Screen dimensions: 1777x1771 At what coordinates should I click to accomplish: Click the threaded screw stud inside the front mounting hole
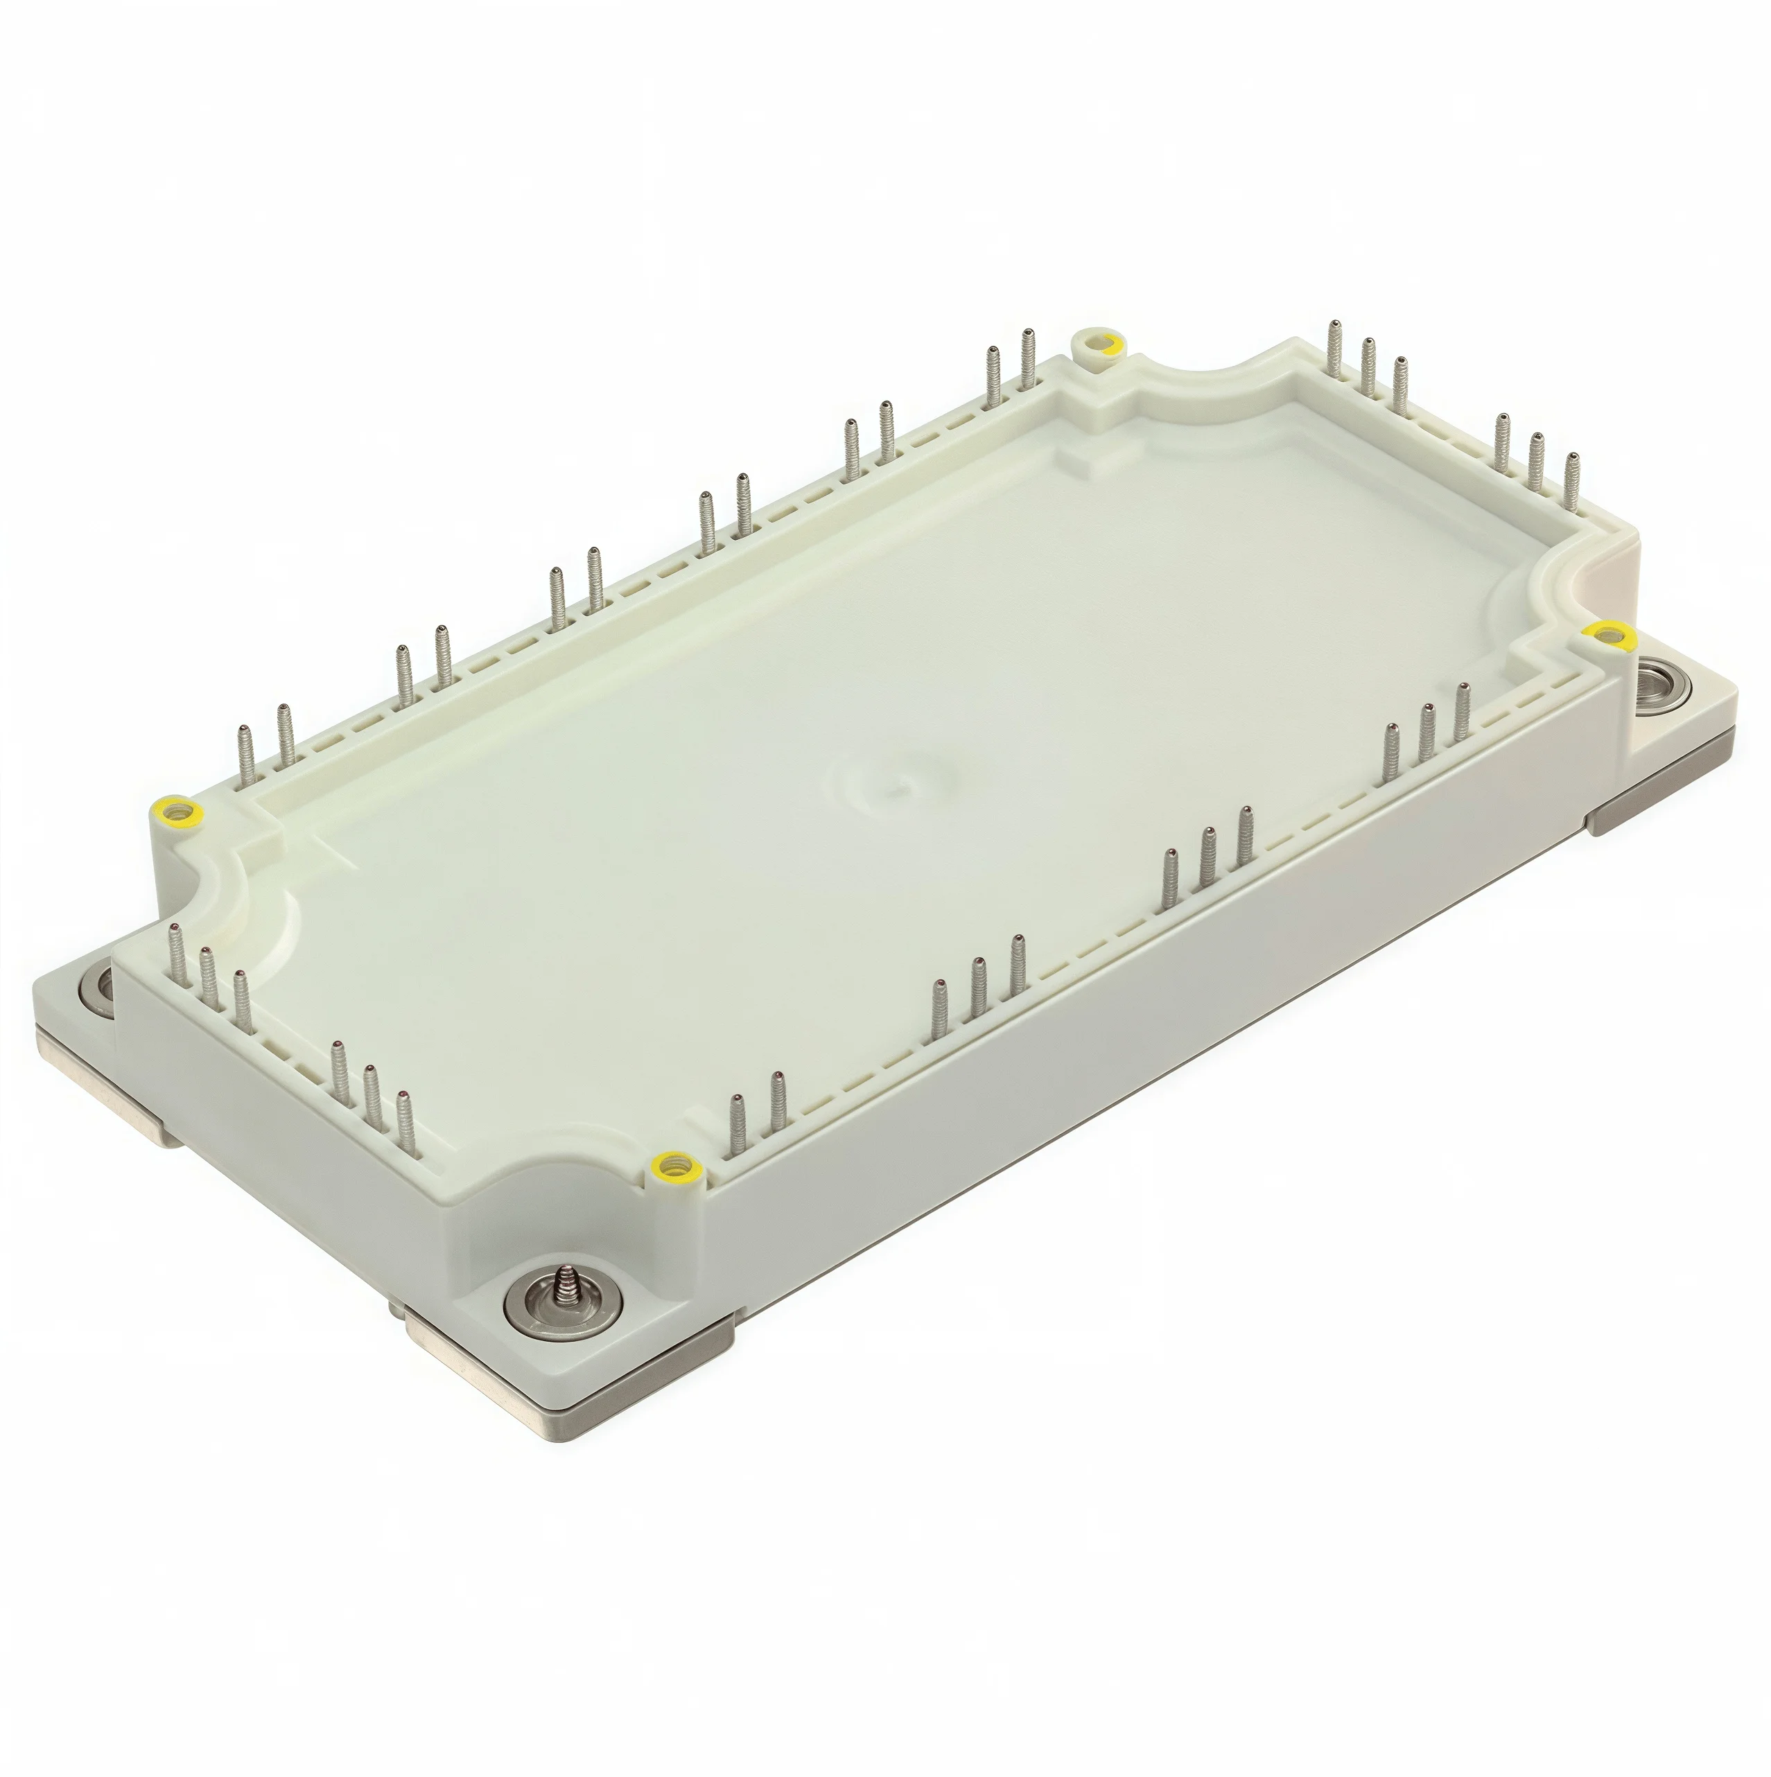point(562,1306)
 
